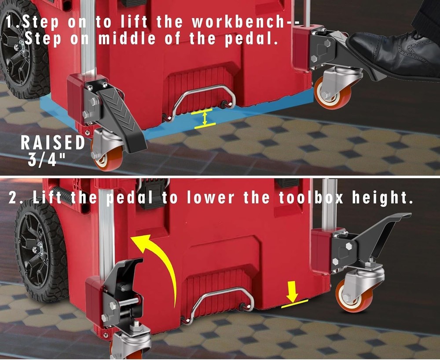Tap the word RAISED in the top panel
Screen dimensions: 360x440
(53, 143)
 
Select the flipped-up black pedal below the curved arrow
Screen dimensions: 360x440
(123, 286)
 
